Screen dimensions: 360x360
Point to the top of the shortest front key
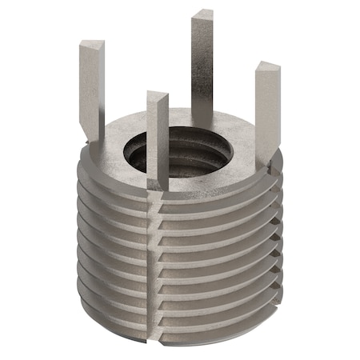click(x=158, y=98)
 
